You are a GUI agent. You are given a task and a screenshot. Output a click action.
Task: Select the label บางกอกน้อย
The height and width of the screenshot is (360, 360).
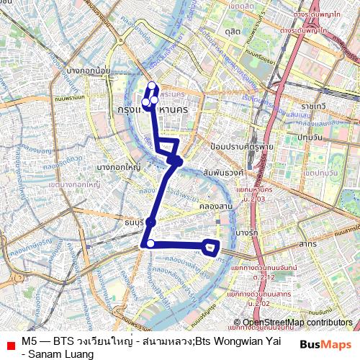click(87, 71)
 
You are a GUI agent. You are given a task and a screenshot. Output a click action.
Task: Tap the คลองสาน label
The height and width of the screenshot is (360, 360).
click(219, 206)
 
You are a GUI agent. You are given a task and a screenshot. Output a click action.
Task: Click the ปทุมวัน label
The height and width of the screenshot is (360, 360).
click(309, 138)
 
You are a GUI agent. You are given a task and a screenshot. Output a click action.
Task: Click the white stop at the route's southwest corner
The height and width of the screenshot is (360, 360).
click(150, 243)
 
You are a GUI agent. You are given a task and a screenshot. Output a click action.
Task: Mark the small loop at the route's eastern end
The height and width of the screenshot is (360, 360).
click(211, 247)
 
